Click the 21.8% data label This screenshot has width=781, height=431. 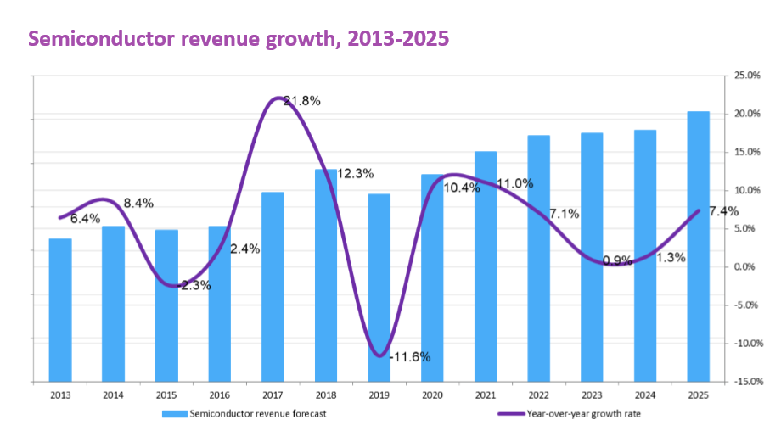(x=302, y=101)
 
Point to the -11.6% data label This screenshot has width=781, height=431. (x=409, y=356)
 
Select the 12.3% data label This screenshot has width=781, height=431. (x=357, y=174)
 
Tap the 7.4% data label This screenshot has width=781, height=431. (x=722, y=211)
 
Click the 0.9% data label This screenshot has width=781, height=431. (x=617, y=260)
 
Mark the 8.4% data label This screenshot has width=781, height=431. (x=138, y=203)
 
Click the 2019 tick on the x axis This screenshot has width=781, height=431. (x=379, y=395)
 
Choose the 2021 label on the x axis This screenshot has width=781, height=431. (x=486, y=395)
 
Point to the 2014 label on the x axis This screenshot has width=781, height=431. (x=113, y=395)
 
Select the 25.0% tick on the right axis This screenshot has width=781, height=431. (x=747, y=76)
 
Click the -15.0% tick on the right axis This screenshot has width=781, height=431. (x=745, y=383)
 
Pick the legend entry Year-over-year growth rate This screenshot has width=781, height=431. (x=576, y=414)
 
